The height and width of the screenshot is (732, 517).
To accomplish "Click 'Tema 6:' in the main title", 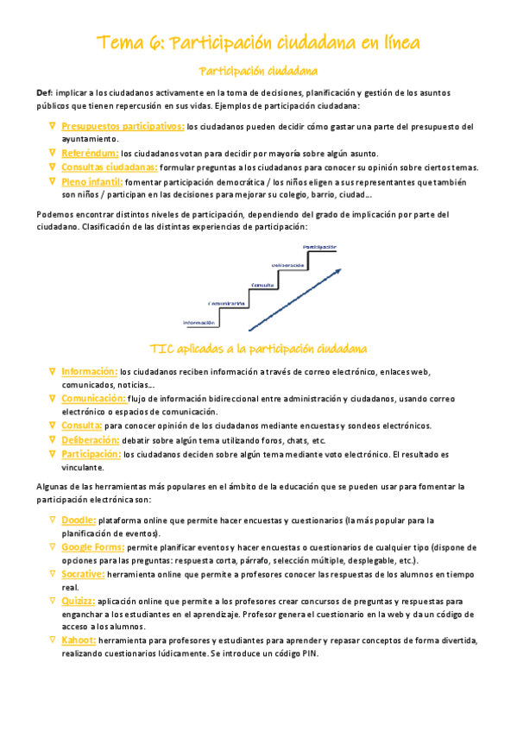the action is point(129,42).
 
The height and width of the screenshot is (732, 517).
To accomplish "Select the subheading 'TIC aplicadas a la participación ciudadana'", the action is point(258,349).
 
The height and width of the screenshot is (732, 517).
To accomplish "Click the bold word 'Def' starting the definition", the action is point(44,92).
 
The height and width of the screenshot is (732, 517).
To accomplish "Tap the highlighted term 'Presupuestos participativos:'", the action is point(123,127).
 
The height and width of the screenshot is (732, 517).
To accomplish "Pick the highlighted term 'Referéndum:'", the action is point(90,154).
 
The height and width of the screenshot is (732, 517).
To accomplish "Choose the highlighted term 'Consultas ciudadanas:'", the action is point(109,167).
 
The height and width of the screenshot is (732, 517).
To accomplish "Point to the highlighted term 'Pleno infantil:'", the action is point(92,182).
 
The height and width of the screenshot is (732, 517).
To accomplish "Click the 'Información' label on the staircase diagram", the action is point(199,322).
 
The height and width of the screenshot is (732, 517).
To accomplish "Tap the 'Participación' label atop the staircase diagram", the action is point(318,246).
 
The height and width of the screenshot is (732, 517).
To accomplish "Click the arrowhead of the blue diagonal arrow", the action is point(337,272).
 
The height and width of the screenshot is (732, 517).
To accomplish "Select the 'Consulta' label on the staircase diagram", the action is point(263,284).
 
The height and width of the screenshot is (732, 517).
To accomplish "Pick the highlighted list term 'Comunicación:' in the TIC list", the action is point(93,399).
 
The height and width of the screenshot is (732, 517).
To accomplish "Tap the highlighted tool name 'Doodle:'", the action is point(79,521).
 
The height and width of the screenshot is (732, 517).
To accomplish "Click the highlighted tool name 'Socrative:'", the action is point(84,574).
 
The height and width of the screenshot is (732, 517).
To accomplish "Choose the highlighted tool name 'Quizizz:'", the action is point(79,600).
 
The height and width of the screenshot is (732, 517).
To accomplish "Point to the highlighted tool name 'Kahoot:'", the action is point(79,640).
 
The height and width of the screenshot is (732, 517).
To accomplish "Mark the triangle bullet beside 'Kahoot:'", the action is point(52,640).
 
